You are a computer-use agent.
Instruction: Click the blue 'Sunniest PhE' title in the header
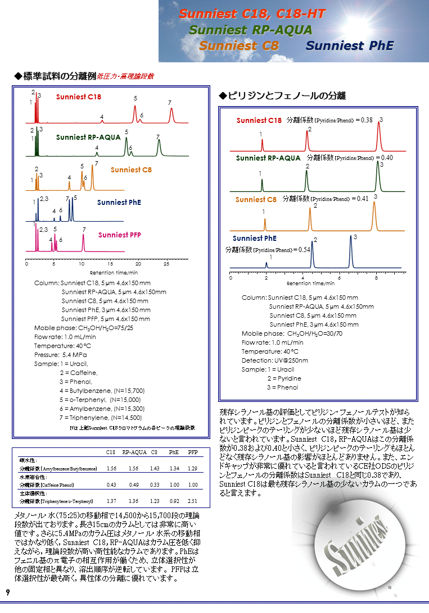[350, 46]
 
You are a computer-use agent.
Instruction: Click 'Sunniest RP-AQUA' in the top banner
[250, 30]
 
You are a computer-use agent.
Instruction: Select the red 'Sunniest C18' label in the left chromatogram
[79, 97]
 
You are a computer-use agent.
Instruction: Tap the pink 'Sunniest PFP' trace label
[120, 235]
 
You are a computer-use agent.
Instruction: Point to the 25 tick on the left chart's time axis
[166, 263]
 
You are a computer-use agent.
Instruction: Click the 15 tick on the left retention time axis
[110, 263]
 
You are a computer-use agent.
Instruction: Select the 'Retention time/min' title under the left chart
[98, 272]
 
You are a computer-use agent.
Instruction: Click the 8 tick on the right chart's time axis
[376, 277]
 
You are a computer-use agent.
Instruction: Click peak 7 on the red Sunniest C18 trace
[171, 114]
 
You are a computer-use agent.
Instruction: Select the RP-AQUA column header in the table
[134, 451]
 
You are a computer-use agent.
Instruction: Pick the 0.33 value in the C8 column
[154, 484]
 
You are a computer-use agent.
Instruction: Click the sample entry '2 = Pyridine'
[285, 378]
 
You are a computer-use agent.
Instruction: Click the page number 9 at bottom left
[8, 593]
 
